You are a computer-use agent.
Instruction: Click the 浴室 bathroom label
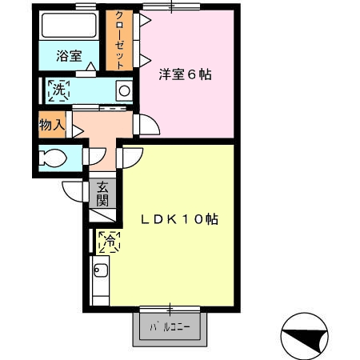pos(69,56)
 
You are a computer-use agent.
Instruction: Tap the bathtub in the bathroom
pos(69,25)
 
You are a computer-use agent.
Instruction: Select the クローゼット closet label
pos(119,40)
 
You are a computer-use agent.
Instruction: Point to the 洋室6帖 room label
pos(186,74)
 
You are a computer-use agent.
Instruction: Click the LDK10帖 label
pos(179,219)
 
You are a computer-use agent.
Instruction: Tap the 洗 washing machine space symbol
pos(58,90)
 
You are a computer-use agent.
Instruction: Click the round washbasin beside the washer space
pos(124,90)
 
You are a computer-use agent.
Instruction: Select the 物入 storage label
pos(52,125)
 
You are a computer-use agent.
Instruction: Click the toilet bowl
pos(53,158)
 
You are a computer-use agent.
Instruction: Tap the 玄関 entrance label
pos(102,194)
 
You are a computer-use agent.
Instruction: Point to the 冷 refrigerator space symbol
pos(110,242)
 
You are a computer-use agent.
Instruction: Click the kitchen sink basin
pos(101,270)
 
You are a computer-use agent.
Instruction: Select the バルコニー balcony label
pos(170,327)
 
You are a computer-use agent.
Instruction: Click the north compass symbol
pos(305,336)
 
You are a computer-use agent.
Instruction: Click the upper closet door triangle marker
pos(145,20)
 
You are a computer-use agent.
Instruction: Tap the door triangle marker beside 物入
pos(78,131)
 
